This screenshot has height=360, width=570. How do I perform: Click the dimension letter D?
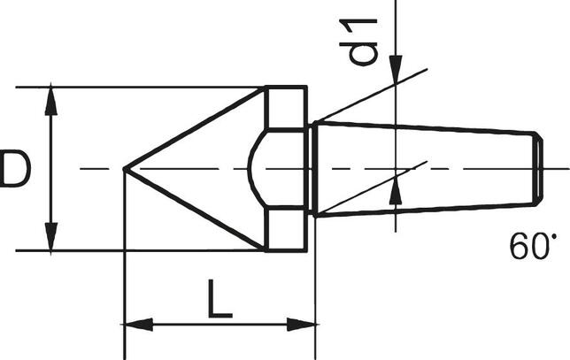(x=15, y=169)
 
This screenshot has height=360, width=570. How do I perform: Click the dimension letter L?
(x=220, y=302)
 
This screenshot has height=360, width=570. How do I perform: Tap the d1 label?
(x=363, y=41)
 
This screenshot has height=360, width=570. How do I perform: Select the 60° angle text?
(x=534, y=245)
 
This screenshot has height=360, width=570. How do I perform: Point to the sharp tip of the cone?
(x=124, y=168)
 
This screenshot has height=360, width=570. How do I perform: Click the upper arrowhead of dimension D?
(x=51, y=99)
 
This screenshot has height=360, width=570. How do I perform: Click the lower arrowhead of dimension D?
(x=51, y=237)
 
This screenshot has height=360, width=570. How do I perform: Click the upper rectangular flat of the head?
(x=285, y=108)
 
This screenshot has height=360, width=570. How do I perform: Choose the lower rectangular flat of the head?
(x=285, y=229)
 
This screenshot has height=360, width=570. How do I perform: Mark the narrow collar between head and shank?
(x=311, y=168)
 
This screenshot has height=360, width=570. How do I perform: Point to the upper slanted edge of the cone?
(x=195, y=127)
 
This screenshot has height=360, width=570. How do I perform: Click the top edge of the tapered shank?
(x=425, y=127)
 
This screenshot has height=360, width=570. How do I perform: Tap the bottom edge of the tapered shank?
(x=425, y=210)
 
